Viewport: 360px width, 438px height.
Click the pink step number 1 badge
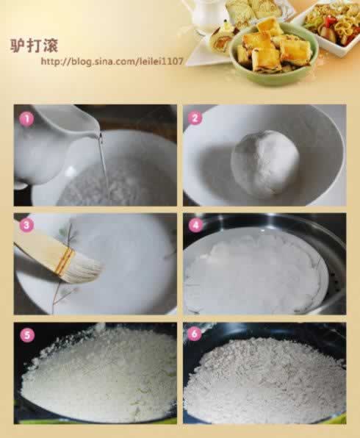26,120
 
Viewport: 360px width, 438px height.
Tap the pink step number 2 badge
195,118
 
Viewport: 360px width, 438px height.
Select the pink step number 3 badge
26,226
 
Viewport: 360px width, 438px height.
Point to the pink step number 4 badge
195,225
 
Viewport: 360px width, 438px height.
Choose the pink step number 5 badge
27,335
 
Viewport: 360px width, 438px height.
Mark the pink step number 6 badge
195,334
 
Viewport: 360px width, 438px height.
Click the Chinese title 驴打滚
34,46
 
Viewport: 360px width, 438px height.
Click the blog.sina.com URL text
112,61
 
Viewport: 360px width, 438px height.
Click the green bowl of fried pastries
274,54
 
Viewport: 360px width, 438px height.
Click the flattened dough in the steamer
253,275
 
